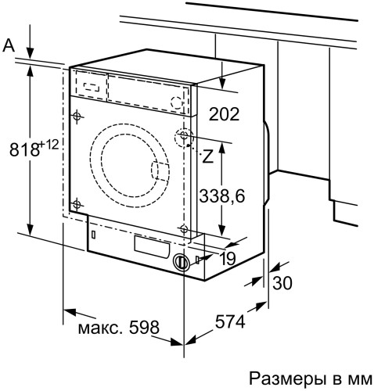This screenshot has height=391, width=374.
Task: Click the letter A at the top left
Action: tap(10, 46)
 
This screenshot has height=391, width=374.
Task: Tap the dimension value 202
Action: tap(225, 114)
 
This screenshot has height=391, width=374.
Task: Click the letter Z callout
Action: tap(207, 156)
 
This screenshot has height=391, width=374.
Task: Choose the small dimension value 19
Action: tap(228, 258)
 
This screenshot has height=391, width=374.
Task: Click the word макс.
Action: tap(98, 325)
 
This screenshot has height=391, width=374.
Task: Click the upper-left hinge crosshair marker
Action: tap(76, 116)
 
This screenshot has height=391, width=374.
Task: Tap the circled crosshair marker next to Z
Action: tap(184, 138)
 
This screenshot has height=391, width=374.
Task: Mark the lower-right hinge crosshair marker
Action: tap(184, 229)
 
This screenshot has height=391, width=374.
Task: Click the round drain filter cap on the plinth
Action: tap(182, 263)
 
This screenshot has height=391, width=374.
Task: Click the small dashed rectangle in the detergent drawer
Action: tap(92, 83)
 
